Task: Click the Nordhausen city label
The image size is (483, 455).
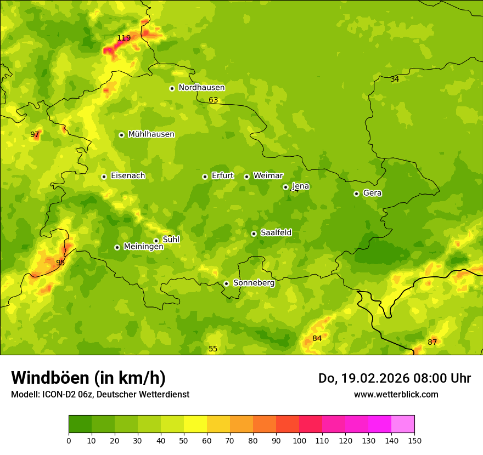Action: click(x=201, y=88)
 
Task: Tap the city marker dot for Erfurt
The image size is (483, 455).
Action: click(x=205, y=177)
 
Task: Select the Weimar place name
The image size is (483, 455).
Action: click(x=268, y=176)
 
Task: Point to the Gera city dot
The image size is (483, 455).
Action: click(x=356, y=194)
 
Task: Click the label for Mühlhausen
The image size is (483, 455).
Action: click(x=151, y=134)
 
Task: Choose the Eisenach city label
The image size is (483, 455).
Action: click(x=128, y=176)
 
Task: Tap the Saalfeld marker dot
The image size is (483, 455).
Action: click(x=254, y=234)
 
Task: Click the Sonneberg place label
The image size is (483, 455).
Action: click(x=254, y=283)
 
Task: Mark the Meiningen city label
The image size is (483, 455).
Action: click(x=143, y=247)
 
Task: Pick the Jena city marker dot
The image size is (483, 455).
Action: click(x=285, y=187)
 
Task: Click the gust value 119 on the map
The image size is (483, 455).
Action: click(x=124, y=38)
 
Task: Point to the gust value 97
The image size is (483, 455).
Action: click(x=35, y=134)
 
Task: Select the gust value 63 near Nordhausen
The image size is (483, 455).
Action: click(x=214, y=100)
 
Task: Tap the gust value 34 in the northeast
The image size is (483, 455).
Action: click(x=395, y=79)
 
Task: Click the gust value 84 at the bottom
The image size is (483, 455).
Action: click(x=317, y=338)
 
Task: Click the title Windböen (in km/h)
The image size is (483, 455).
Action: click(x=88, y=378)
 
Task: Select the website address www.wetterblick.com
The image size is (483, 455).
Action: click(x=396, y=394)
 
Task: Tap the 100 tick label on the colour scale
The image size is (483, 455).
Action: click(x=299, y=440)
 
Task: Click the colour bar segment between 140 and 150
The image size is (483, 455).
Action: click(x=403, y=424)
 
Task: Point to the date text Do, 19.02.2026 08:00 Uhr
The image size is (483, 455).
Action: click(x=395, y=378)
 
